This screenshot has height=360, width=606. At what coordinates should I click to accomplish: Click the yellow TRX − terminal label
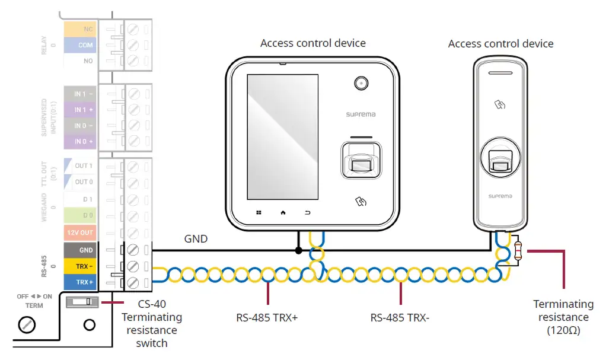pos(80,266)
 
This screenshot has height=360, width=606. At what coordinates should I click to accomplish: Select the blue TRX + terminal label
pos(80,282)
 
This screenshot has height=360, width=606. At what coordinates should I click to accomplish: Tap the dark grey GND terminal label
pos(80,250)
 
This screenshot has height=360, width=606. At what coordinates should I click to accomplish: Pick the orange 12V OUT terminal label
pos(80,232)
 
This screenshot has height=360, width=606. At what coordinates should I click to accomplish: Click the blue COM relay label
pos(80,45)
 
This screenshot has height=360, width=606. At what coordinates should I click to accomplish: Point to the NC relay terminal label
pos(80,29)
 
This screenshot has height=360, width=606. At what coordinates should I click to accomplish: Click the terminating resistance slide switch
pos(82,302)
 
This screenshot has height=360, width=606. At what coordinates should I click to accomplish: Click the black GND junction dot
pos(298,250)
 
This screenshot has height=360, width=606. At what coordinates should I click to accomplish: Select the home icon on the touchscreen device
pos(283,212)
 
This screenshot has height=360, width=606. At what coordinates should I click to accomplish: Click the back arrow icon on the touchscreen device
pos(307,212)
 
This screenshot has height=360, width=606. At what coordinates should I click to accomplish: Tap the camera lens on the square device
pos(361,83)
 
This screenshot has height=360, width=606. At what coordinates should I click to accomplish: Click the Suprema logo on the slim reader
pos(500,196)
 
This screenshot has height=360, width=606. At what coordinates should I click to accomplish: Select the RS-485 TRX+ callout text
pos(267,318)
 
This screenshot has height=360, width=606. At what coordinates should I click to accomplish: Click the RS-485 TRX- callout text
pos(400,318)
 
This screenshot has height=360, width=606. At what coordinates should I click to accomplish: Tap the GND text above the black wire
pos(196,239)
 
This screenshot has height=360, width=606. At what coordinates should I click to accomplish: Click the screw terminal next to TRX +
pos(133,283)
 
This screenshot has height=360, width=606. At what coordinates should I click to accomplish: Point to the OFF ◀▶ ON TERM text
pos(34,301)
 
